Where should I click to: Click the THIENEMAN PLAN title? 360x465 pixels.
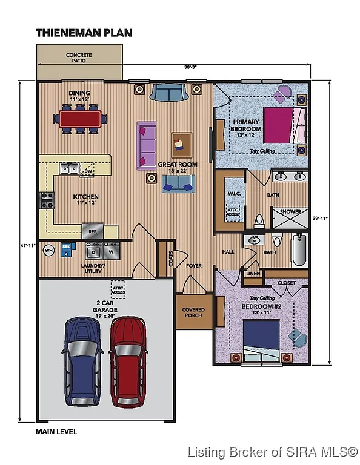point(84,32)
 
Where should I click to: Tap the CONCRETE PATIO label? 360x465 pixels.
point(79,58)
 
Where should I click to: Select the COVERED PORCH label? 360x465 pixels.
point(193,312)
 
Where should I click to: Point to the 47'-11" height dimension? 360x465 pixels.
point(27,245)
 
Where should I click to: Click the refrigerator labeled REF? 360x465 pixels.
point(93,231)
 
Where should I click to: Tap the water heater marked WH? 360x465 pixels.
point(49,249)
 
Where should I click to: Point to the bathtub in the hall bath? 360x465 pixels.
point(299,252)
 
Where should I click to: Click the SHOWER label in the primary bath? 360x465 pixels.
point(290,211)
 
